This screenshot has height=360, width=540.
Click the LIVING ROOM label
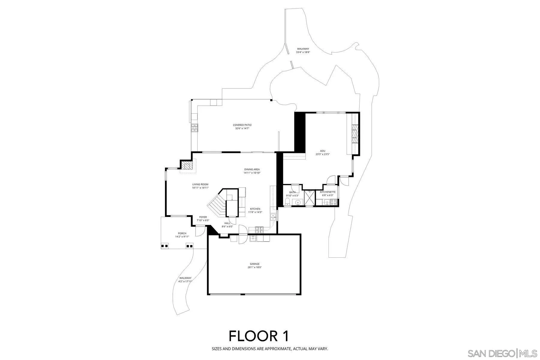[x=200, y=184]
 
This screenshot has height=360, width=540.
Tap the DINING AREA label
[x=252, y=169]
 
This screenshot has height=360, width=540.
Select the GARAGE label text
[x=255, y=264]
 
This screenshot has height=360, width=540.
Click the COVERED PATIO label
[x=242, y=125]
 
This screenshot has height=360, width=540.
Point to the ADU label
[x=322, y=151]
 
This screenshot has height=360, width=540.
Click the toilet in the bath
[x=287, y=201]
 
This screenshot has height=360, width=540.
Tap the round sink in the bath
[x=298, y=202]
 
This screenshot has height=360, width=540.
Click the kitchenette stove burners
[x=333, y=203]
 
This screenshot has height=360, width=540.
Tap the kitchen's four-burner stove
[x=259, y=230]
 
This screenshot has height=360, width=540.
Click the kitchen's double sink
[x=273, y=217]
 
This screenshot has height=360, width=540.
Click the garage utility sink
[x=253, y=238]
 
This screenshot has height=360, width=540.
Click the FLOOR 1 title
[x=259, y=336]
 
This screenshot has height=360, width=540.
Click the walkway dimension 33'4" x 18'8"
[x=303, y=52]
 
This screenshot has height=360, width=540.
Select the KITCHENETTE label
[x=328, y=192]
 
